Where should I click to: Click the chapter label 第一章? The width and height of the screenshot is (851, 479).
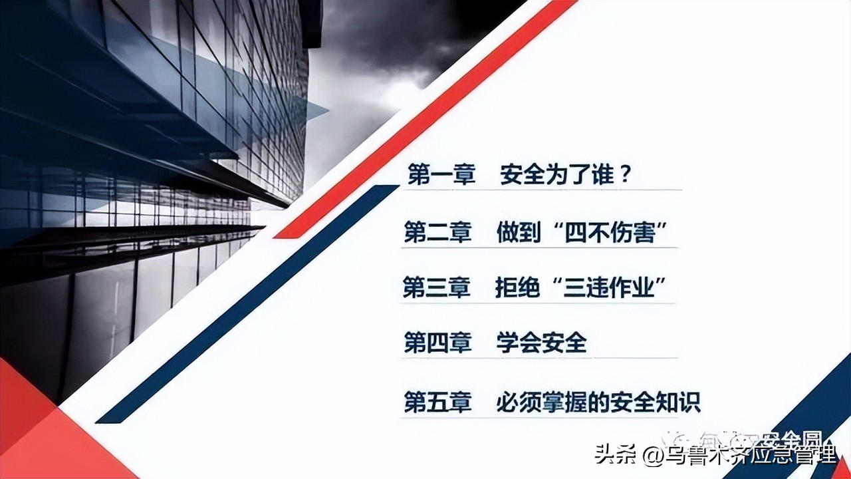(441, 176)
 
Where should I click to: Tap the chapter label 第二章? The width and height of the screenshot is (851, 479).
(437, 233)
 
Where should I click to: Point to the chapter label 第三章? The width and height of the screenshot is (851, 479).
(437, 289)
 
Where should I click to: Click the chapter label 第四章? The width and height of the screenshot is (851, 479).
(437, 344)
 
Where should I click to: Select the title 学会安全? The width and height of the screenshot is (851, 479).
(541, 344)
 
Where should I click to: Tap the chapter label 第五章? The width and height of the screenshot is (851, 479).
(437, 402)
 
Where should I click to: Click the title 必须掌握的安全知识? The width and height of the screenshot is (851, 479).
(598, 402)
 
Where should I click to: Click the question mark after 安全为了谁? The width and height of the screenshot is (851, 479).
(624, 176)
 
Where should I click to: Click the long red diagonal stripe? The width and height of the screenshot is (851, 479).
(425, 120)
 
